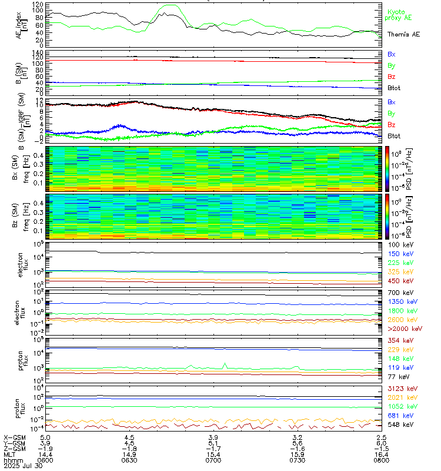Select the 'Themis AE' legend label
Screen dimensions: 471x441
tap(403, 35)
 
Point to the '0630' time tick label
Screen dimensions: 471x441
tap(129, 460)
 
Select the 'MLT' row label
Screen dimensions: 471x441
tap(9, 455)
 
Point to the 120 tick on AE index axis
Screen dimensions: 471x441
tap(36, 4)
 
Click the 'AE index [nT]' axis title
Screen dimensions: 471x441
tap(21, 25)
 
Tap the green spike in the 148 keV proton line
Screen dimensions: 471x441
tap(225, 363)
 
